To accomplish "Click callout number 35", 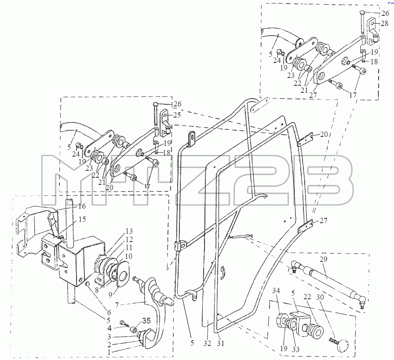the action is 146,320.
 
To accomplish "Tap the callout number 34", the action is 276,290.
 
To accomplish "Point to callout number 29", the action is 323,259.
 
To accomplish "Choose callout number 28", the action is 384,23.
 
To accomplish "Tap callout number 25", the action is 177,115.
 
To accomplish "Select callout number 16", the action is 82,206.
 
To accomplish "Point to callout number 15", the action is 82,219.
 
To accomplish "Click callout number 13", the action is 129,231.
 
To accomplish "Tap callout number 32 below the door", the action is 207,343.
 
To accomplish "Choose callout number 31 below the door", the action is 220,343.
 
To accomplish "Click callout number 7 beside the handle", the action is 117,305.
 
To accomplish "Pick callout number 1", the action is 109,352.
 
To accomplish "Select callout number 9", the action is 110,294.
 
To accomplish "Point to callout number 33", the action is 296,349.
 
